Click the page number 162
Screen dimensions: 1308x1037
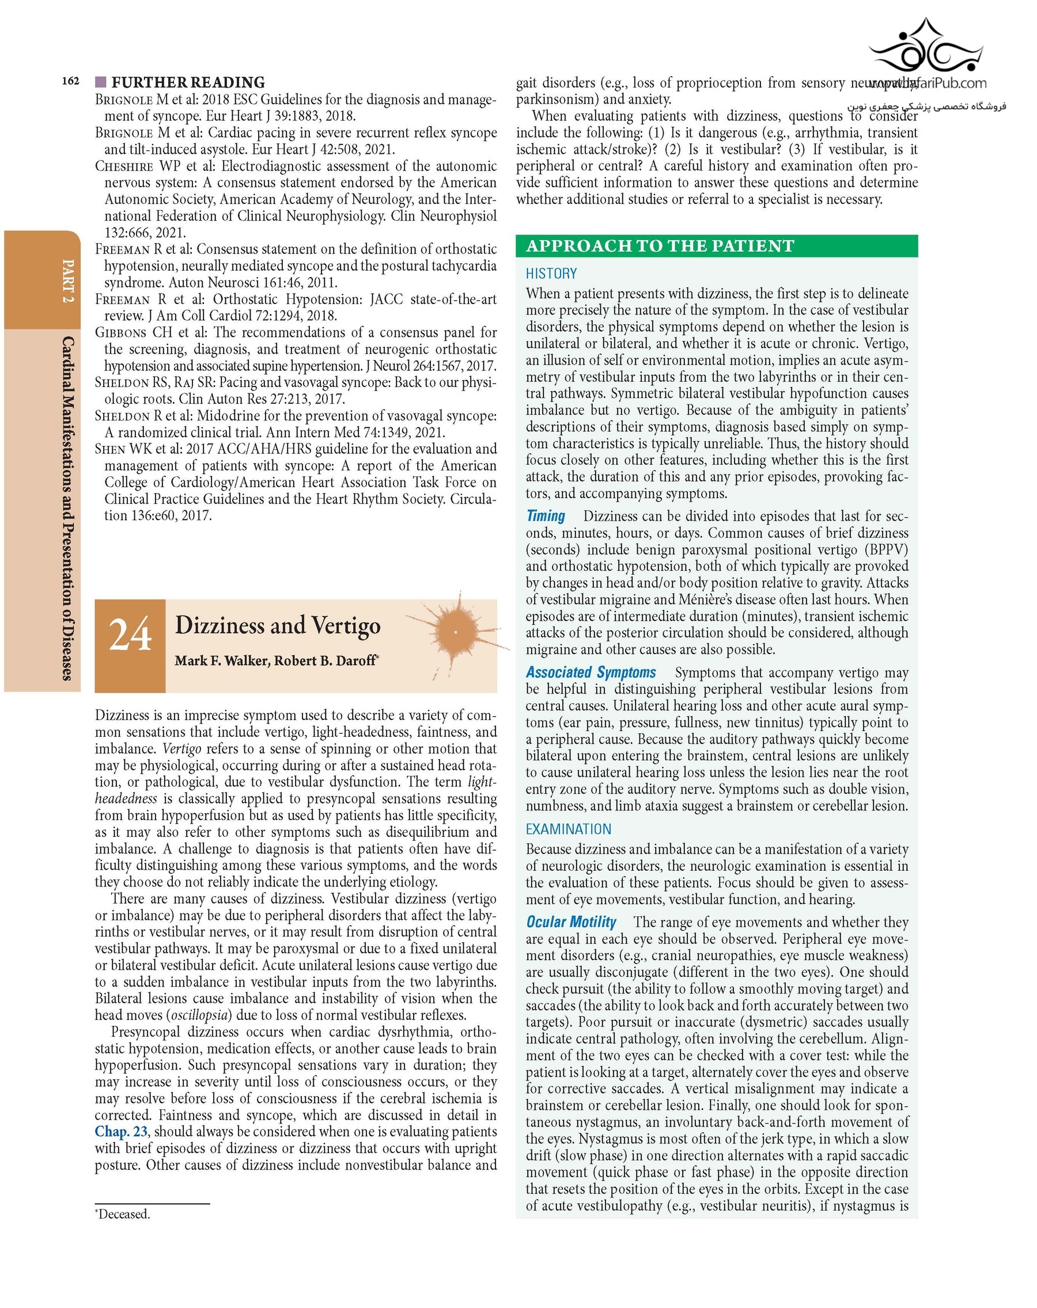(x=70, y=81)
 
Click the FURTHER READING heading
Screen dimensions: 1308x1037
(x=188, y=82)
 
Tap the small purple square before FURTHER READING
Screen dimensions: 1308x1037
(x=101, y=82)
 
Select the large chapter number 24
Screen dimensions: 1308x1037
(x=130, y=635)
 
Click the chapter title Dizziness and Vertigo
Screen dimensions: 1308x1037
(x=277, y=625)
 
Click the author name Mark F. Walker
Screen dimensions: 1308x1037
(x=221, y=661)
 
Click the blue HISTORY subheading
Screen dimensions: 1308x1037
(x=551, y=274)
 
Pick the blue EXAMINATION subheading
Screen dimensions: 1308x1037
(x=568, y=829)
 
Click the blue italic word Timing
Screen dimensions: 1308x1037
(x=546, y=516)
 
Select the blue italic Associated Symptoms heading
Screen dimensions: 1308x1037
(x=591, y=673)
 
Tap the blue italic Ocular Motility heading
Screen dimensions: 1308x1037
(x=571, y=923)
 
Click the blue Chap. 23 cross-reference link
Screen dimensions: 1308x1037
(x=121, y=1131)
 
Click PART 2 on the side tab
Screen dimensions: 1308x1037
(x=69, y=281)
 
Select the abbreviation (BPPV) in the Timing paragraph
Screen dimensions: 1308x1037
(x=885, y=549)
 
